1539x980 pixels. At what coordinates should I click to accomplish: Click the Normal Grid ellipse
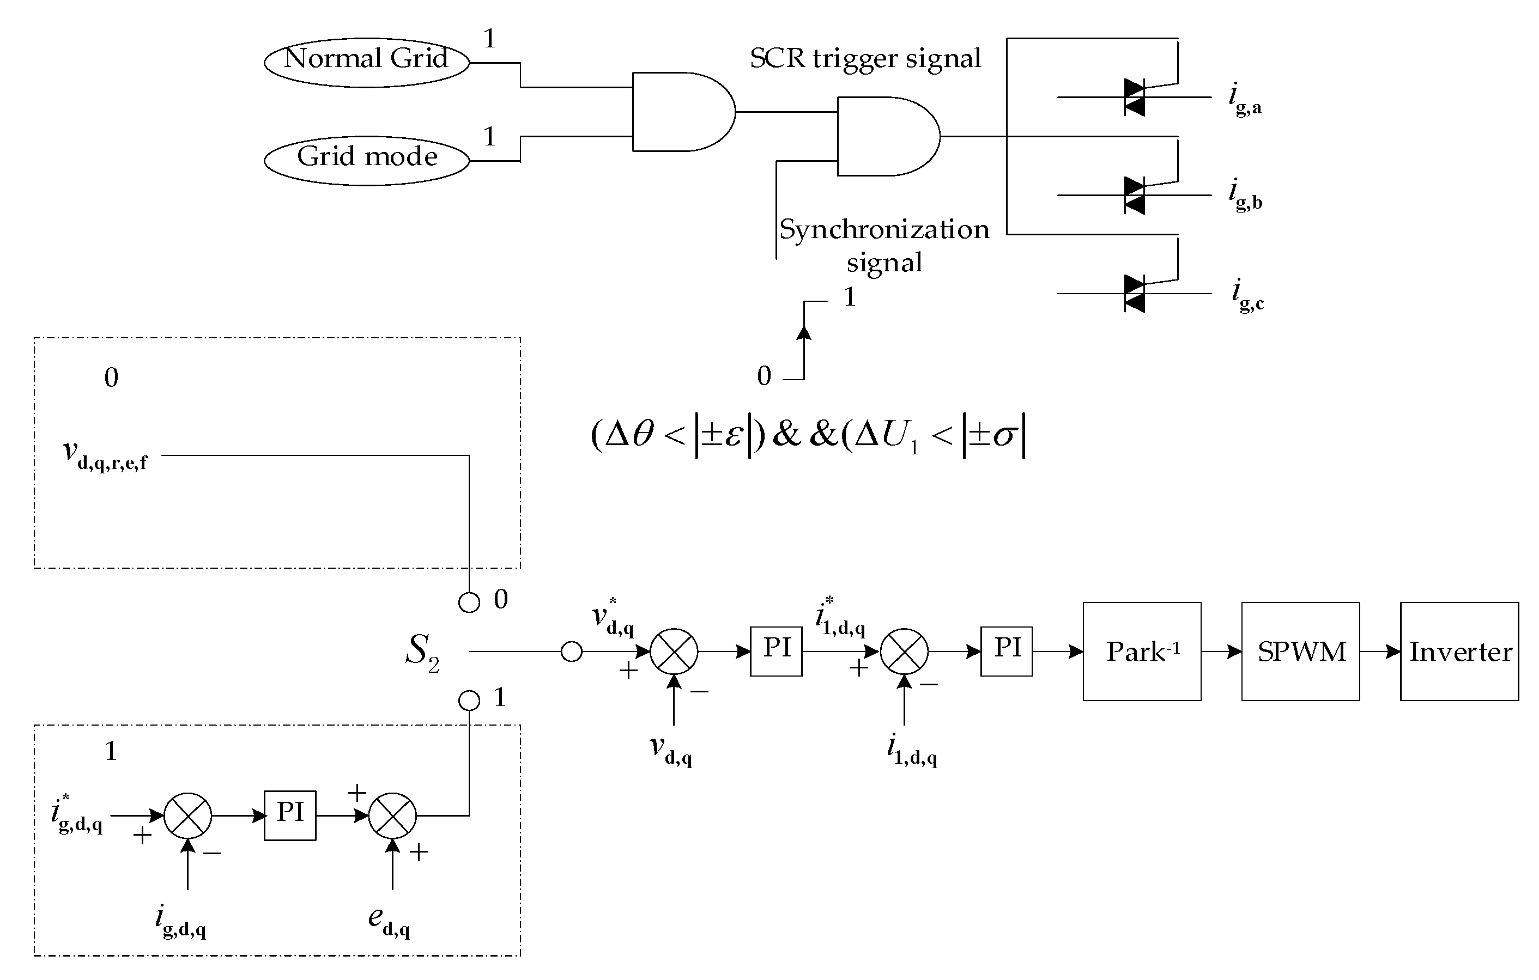(x=366, y=62)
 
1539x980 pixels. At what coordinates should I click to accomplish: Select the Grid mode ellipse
(x=366, y=160)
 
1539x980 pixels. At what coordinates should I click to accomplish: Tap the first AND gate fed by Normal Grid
(x=681, y=112)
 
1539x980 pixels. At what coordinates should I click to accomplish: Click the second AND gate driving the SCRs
(x=886, y=136)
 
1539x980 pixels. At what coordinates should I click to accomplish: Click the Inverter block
(x=1459, y=651)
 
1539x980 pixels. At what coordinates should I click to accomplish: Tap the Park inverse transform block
(x=1142, y=651)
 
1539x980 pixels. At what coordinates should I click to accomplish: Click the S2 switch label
(x=422, y=652)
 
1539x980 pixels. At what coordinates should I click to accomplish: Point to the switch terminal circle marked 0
(x=469, y=602)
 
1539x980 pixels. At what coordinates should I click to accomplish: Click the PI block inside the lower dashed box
(x=289, y=815)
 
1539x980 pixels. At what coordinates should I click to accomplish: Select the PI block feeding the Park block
(x=1006, y=651)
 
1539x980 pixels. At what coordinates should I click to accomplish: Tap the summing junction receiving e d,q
(x=392, y=815)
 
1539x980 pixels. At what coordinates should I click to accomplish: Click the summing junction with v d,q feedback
(x=674, y=652)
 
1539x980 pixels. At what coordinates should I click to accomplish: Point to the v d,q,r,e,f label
(x=106, y=455)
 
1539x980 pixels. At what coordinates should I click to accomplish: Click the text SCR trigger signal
(x=865, y=59)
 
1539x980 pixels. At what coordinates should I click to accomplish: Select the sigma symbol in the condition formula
(x=1004, y=436)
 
